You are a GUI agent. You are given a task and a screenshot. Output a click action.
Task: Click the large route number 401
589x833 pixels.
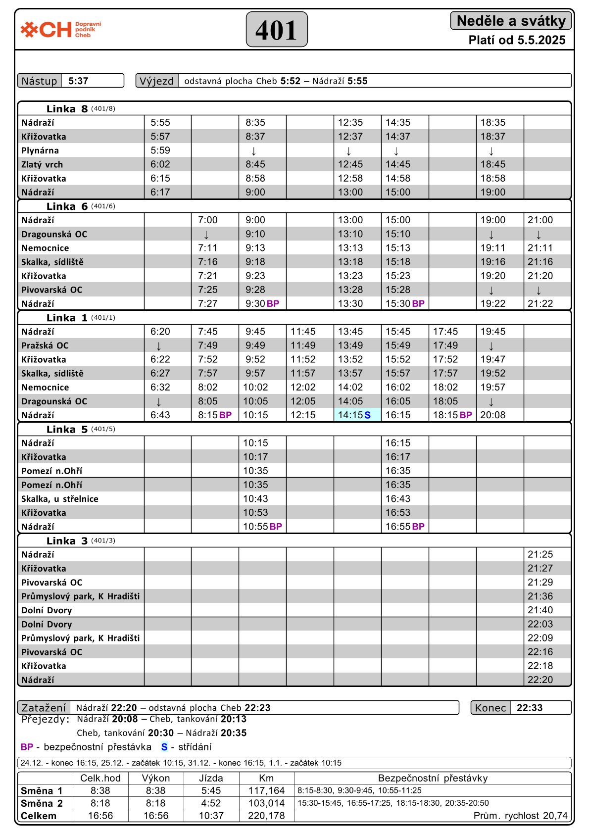tap(277, 30)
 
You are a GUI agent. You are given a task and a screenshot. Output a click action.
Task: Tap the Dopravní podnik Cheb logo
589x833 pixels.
tap(61, 30)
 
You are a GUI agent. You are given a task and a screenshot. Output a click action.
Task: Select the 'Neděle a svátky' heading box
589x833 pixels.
tap(511, 21)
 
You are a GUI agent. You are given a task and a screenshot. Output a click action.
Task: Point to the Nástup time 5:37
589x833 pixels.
tap(78, 81)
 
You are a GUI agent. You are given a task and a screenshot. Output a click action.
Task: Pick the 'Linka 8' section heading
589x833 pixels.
tap(67, 109)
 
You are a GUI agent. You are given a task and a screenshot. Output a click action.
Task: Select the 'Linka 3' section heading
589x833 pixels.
tap(67, 540)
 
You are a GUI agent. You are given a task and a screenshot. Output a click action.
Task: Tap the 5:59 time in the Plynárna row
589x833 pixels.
tap(160, 150)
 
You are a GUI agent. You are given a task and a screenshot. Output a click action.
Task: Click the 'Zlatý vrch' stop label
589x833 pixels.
tap(42, 164)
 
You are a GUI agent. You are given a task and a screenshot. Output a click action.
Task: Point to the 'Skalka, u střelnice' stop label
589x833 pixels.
tap(60, 499)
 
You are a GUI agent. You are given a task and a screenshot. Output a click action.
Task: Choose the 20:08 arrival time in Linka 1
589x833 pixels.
tap(493, 415)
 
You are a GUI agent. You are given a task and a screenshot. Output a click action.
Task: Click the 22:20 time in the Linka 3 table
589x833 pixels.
tap(540, 680)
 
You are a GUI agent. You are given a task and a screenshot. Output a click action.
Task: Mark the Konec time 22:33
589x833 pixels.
tap(530, 708)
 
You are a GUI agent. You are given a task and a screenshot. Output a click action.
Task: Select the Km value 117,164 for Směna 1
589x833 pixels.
tap(266, 791)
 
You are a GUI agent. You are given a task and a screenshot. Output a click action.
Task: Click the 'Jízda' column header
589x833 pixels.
tap(211, 778)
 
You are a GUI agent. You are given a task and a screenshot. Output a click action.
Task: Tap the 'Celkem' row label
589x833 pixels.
tap(39, 816)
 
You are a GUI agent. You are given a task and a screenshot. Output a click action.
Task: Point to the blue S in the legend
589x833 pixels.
tap(164, 747)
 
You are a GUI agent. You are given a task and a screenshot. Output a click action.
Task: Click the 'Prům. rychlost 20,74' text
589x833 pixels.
tap(520, 816)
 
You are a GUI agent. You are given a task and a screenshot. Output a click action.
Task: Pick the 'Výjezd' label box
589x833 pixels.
tap(157, 81)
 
